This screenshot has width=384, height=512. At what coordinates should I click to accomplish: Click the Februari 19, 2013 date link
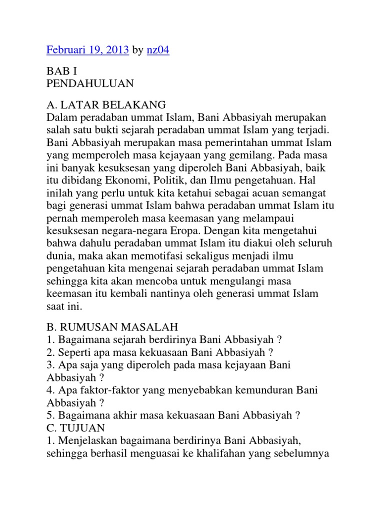(x=87, y=50)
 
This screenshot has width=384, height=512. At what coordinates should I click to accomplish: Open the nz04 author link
(x=157, y=50)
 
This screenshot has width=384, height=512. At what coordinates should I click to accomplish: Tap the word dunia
(x=58, y=255)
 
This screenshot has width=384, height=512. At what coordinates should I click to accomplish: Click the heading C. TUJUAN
(x=78, y=427)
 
